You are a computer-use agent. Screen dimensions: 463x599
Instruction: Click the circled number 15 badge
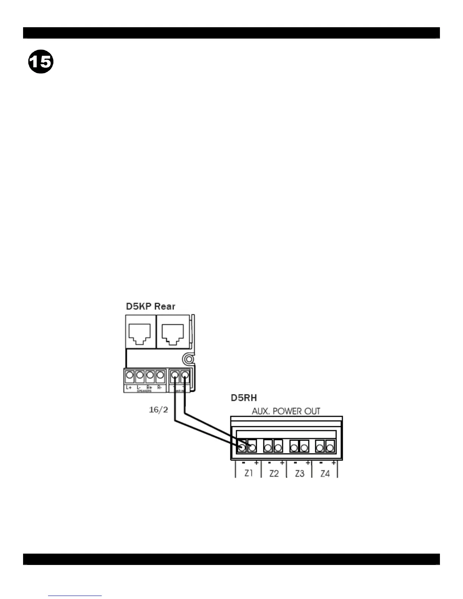coord(40,62)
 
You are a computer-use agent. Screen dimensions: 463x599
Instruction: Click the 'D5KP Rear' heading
coord(151,306)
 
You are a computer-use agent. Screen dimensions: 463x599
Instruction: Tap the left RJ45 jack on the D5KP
coord(140,334)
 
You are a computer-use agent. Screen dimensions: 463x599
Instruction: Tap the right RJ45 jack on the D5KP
coord(172,334)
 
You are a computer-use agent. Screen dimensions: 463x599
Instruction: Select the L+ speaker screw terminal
coord(129,376)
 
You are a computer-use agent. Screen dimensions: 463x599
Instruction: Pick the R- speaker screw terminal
coord(160,376)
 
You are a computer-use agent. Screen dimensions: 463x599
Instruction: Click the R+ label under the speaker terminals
coord(149,388)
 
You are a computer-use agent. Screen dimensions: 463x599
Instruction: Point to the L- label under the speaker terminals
coord(139,388)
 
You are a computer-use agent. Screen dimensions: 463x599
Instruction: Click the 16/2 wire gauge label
coord(158,410)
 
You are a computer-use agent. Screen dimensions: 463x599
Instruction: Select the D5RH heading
coord(244,398)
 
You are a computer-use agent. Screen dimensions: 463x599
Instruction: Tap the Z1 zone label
coord(248,473)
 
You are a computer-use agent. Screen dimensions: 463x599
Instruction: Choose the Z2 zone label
coord(274,473)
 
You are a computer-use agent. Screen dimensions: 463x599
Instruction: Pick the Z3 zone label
coord(300,473)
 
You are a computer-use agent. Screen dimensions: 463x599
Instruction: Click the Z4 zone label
coord(325,473)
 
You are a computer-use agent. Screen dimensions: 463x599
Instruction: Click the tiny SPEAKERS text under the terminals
coord(144,391)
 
